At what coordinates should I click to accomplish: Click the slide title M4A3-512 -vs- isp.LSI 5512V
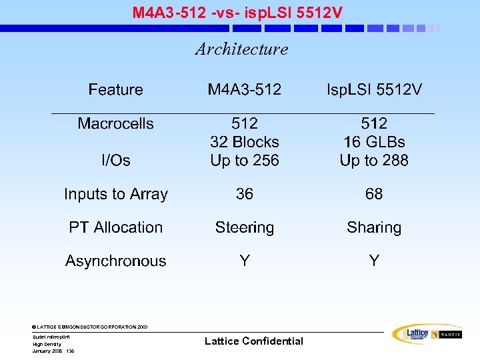(238, 12)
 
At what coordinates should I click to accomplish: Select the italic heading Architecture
(241, 49)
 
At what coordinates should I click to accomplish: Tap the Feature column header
(115, 90)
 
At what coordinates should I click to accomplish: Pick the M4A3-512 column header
(245, 90)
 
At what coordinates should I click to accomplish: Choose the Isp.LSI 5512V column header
(374, 90)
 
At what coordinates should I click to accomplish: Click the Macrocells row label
(115, 124)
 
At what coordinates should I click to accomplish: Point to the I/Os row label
(115, 161)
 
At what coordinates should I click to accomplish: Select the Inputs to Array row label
(115, 195)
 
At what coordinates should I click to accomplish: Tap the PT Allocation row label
(115, 228)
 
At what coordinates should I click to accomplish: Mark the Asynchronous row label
(115, 261)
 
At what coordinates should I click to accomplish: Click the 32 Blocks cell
(245, 143)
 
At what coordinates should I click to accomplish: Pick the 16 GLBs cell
(374, 143)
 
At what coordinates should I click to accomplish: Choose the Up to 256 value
(245, 161)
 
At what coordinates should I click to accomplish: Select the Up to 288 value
(374, 161)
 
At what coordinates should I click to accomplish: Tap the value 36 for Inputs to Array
(245, 194)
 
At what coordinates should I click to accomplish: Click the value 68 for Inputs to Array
(374, 194)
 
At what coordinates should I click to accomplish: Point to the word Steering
(245, 228)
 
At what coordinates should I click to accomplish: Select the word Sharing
(374, 228)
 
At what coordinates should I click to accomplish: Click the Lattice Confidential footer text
(253, 341)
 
